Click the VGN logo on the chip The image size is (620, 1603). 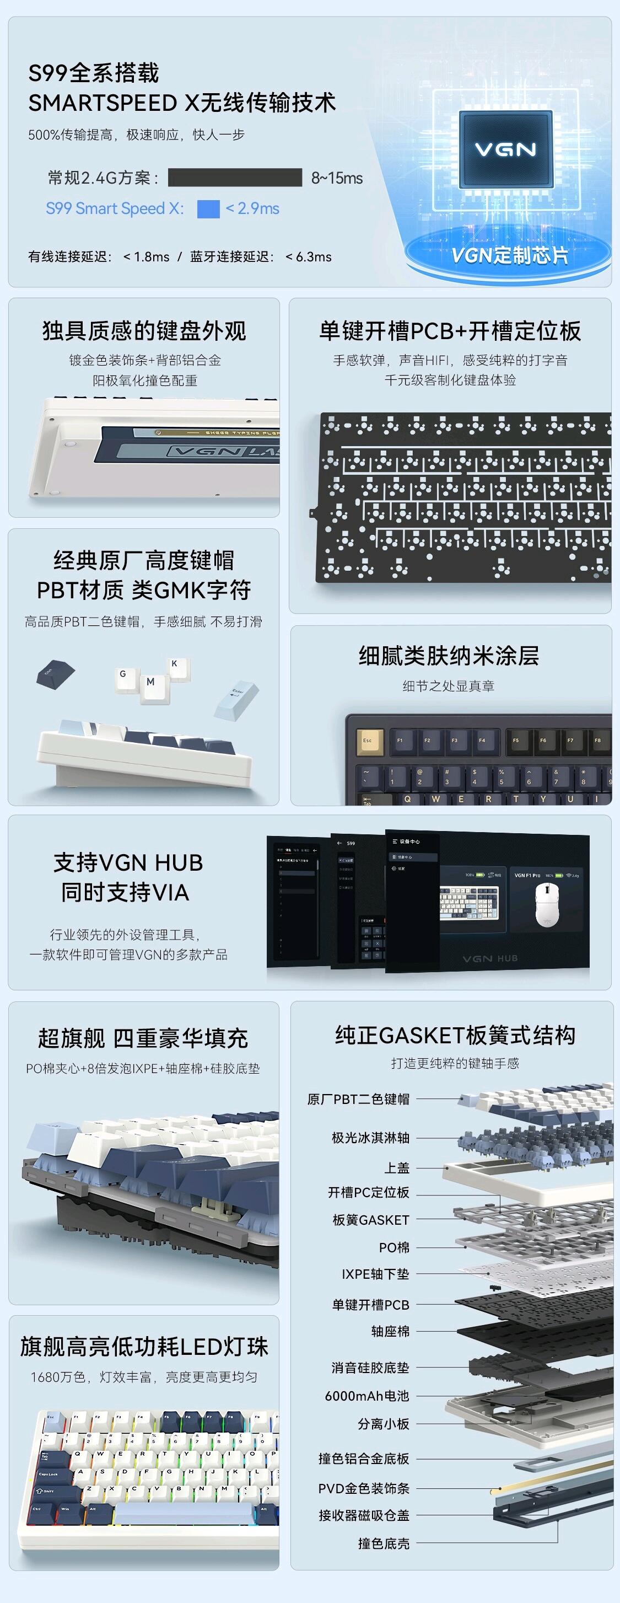(x=505, y=149)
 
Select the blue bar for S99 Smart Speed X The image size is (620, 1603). (x=208, y=208)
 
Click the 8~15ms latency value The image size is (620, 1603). (x=336, y=178)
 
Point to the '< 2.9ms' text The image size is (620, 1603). (x=252, y=208)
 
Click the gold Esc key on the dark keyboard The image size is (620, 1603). (x=368, y=741)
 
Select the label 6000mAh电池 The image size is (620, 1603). (x=367, y=1396)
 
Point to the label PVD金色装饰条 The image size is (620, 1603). (x=364, y=1488)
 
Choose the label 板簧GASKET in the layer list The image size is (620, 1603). (x=371, y=1220)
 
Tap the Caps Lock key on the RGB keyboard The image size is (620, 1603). (x=48, y=1474)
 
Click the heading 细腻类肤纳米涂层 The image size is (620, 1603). (x=449, y=656)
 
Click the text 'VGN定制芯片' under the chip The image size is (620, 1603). (x=509, y=255)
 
